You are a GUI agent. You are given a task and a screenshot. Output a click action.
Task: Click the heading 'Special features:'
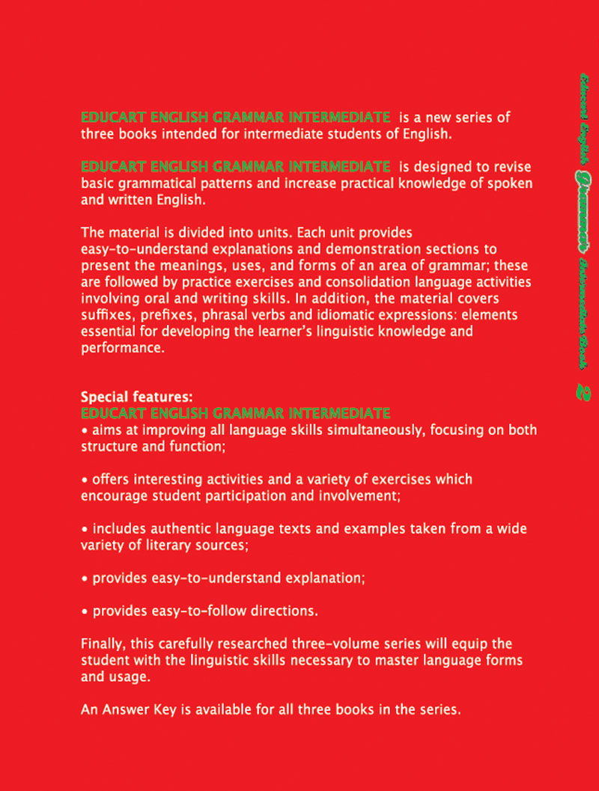tap(125, 397)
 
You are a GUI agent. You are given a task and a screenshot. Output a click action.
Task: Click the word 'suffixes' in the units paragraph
tap(106, 314)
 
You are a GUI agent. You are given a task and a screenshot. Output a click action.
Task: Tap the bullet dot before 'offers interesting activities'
tap(85, 480)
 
